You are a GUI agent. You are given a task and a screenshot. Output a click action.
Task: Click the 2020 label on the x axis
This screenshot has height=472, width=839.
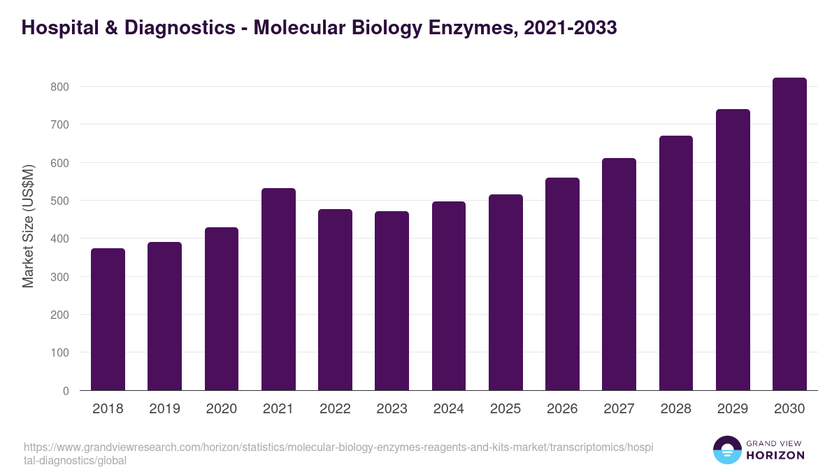[222, 409]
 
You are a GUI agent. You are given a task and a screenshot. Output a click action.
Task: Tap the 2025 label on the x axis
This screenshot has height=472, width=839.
[505, 409]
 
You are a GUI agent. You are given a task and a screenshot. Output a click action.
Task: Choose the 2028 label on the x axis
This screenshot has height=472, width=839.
[676, 409]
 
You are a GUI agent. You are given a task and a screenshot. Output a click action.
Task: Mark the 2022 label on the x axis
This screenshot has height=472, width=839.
[335, 409]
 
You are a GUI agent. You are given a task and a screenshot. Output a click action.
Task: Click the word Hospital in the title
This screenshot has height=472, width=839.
[59, 28]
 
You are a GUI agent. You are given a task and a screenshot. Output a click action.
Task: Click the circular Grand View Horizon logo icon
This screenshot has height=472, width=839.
[726, 450]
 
